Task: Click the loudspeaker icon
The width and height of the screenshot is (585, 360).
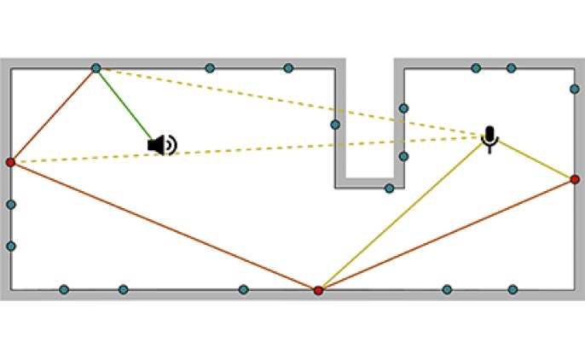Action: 161,145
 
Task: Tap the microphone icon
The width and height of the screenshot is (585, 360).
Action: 489,137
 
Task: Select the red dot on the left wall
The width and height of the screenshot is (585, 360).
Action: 10,162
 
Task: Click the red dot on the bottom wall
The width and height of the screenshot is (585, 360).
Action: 318,291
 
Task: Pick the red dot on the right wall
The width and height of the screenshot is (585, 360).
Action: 575,179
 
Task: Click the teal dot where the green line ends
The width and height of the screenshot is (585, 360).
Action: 96,68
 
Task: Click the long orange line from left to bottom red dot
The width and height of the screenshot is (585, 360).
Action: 162,226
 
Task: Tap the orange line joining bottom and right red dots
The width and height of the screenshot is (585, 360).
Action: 446,235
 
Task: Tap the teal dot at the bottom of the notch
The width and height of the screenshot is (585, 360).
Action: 389,188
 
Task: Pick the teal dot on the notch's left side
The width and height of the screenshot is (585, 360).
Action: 335,125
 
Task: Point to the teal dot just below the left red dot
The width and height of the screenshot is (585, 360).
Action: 10,205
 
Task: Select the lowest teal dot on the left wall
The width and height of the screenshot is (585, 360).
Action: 10,247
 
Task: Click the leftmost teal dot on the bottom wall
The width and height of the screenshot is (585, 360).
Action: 64,290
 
